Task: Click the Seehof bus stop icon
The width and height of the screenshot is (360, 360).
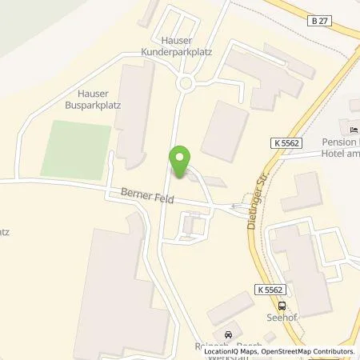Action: tap(281, 305)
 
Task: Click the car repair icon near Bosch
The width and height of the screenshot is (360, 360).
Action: tap(229, 334)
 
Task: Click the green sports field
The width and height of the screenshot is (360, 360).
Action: tap(73, 149)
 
